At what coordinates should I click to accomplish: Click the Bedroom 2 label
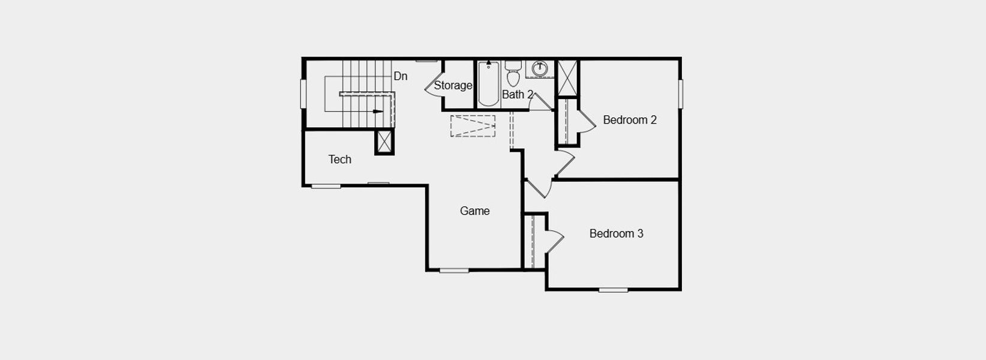(629, 120)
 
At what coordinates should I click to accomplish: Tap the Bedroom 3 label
(616, 233)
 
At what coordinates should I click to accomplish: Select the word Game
(474, 211)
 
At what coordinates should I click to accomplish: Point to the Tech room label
(339, 159)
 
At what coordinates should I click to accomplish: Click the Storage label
(453, 85)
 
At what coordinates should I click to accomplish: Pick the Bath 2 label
(517, 94)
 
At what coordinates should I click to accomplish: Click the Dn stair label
(400, 76)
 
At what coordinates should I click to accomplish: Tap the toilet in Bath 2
(513, 74)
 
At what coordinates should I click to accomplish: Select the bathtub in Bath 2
(488, 84)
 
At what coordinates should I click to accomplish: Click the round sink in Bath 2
(540, 68)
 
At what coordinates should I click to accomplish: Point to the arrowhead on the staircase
(378, 111)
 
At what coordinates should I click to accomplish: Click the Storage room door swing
(432, 88)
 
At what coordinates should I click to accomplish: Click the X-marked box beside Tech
(384, 142)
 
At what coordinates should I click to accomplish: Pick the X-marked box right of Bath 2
(567, 77)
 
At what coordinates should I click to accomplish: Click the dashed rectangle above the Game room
(473, 126)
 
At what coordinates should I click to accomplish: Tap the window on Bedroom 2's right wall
(681, 94)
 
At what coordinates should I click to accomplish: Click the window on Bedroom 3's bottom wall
(613, 290)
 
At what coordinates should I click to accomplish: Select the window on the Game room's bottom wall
(454, 271)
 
